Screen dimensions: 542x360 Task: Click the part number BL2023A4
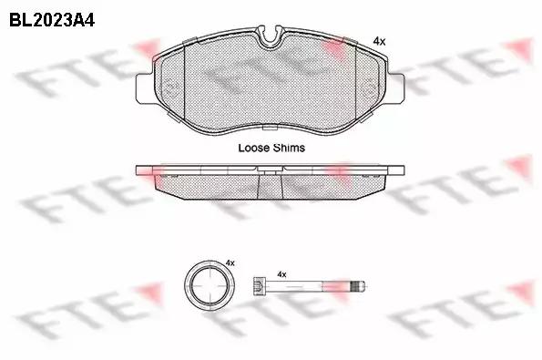pyautogui.click(x=52, y=20)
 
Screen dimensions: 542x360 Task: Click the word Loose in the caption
pyautogui.click(x=254, y=148)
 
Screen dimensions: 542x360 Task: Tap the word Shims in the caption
pyautogui.click(x=289, y=148)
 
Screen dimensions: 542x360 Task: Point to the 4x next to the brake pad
pyautogui.click(x=379, y=42)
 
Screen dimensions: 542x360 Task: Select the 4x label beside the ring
pyautogui.click(x=230, y=262)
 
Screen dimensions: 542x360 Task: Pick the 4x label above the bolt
pyautogui.click(x=281, y=274)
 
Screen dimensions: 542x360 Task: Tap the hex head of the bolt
pyautogui.click(x=259, y=286)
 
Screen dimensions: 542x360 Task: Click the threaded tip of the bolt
pyautogui.click(x=358, y=286)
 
